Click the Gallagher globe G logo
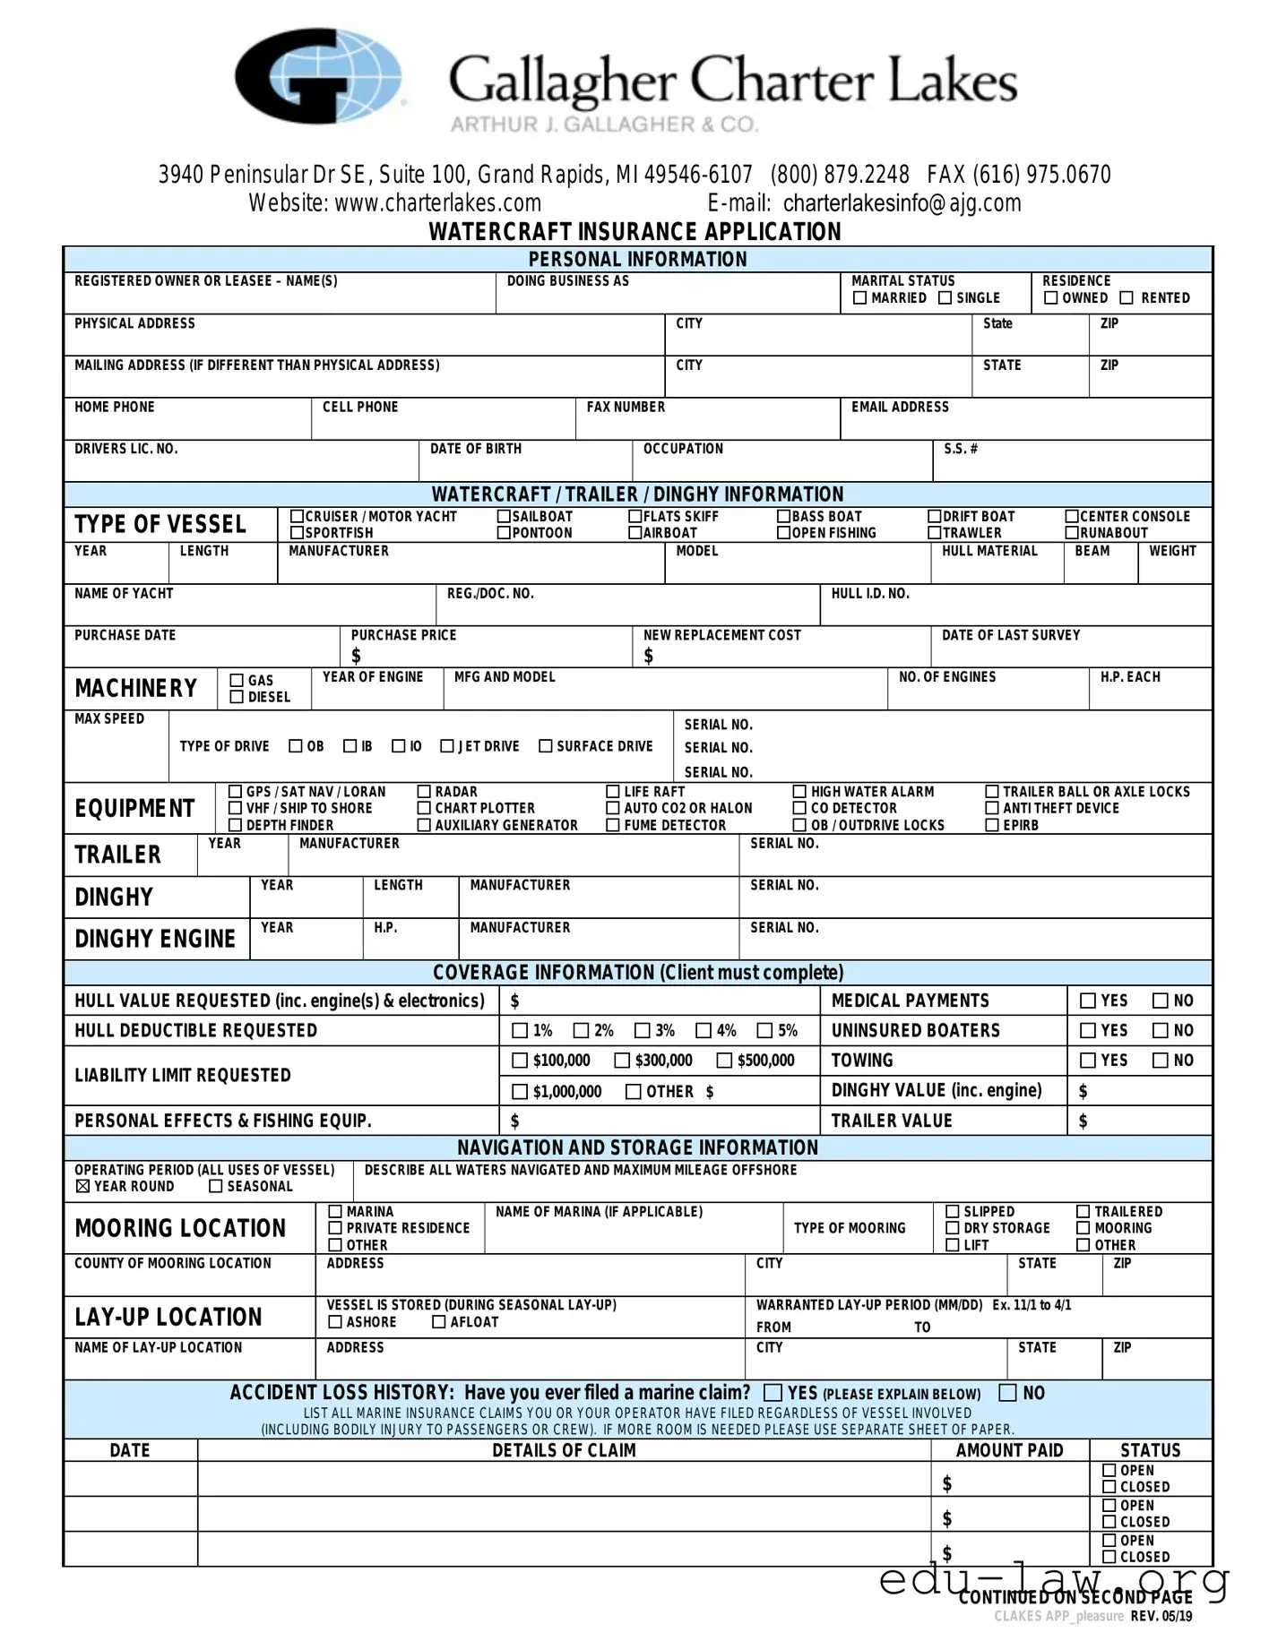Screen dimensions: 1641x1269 click(318, 77)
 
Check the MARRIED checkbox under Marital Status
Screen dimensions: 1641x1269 click(860, 298)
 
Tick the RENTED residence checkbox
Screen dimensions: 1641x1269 click(1127, 298)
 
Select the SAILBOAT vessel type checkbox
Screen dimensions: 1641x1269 click(505, 517)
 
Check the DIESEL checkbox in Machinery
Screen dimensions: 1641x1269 click(237, 697)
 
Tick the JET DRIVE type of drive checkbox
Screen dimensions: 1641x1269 click(447, 746)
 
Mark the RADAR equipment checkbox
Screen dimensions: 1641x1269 click(425, 792)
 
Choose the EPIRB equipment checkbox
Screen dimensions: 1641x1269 click(992, 825)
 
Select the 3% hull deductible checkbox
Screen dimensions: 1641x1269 click(642, 1031)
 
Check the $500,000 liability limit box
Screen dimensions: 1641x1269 click(724, 1061)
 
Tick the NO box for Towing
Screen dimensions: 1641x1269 click(1161, 1061)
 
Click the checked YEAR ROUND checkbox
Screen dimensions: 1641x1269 click(83, 1187)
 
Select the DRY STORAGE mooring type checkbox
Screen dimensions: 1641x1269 click(953, 1228)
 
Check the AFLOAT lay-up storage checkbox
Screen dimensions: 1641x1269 click(439, 1322)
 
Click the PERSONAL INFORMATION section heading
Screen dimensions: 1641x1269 click(637, 260)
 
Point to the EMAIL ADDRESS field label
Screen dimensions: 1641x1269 click(900, 408)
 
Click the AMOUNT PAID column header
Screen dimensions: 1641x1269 click(1009, 1450)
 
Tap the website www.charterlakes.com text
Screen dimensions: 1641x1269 click(394, 203)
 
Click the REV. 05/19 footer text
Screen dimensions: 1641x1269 click(1161, 1616)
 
